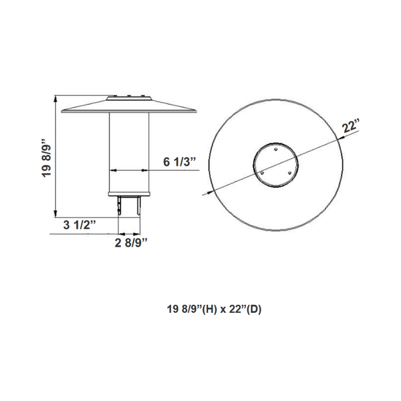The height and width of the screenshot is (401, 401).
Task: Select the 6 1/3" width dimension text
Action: click(x=180, y=162)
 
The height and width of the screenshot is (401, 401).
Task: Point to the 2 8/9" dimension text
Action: click(x=131, y=243)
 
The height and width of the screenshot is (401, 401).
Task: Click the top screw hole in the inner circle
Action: click(x=276, y=150)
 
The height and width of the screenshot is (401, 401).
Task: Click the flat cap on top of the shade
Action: click(x=129, y=96)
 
